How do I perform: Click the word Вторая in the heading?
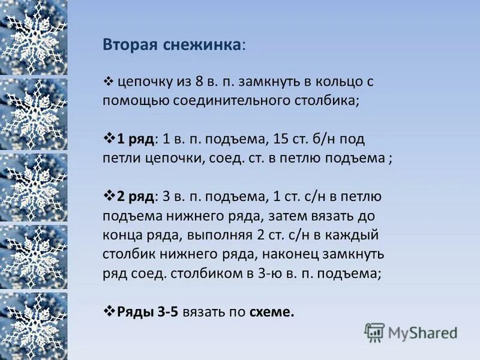[x=128, y=46]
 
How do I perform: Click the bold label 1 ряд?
[x=136, y=139]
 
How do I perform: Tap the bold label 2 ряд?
[x=136, y=196]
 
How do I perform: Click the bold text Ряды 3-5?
[x=148, y=312]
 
